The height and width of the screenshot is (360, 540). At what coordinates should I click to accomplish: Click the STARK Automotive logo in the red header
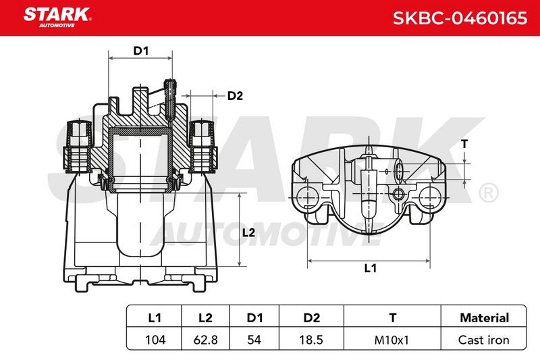(x=57, y=18)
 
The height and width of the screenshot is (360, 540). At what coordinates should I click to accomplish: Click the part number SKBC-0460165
(x=460, y=18)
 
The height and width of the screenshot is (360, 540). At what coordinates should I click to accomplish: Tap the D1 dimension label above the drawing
(x=141, y=51)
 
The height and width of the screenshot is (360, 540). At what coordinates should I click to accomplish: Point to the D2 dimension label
(x=235, y=95)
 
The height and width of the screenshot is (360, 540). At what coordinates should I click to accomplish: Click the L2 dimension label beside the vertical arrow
(x=248, y=232)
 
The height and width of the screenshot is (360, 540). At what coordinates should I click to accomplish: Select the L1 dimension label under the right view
(x=370, y=267)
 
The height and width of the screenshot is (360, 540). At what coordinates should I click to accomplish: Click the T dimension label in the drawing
(x=464, y=144)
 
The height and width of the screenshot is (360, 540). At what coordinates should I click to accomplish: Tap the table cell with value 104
(x=155, y=340)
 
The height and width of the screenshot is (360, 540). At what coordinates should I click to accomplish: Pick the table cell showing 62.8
(x=206, y=340)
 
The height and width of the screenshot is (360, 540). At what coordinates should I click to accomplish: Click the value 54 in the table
(x=254, y=340)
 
